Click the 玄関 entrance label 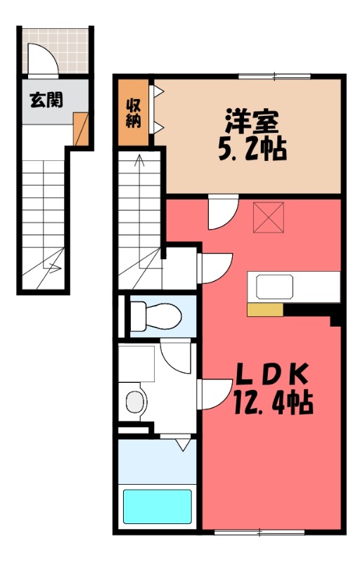(46, 99)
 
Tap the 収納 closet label (134, 113)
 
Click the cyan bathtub (157, 505)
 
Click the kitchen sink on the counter (274, 287)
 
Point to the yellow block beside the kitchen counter (264, 308)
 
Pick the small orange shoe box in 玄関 (81, 129)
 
